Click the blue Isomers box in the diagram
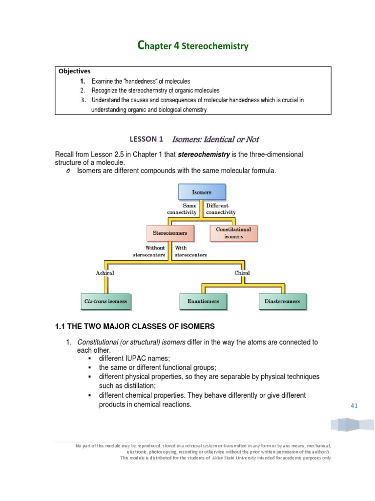202,192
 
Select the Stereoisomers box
170,233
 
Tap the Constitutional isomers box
233,233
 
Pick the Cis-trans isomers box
105,301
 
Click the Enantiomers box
203,301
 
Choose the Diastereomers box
282,301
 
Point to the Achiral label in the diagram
105,273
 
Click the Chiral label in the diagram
242,273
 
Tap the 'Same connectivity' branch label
182,209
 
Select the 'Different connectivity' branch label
221,209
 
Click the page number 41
354,406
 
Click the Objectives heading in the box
75,71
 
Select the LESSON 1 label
146,139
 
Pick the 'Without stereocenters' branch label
149,251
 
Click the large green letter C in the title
142,46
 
